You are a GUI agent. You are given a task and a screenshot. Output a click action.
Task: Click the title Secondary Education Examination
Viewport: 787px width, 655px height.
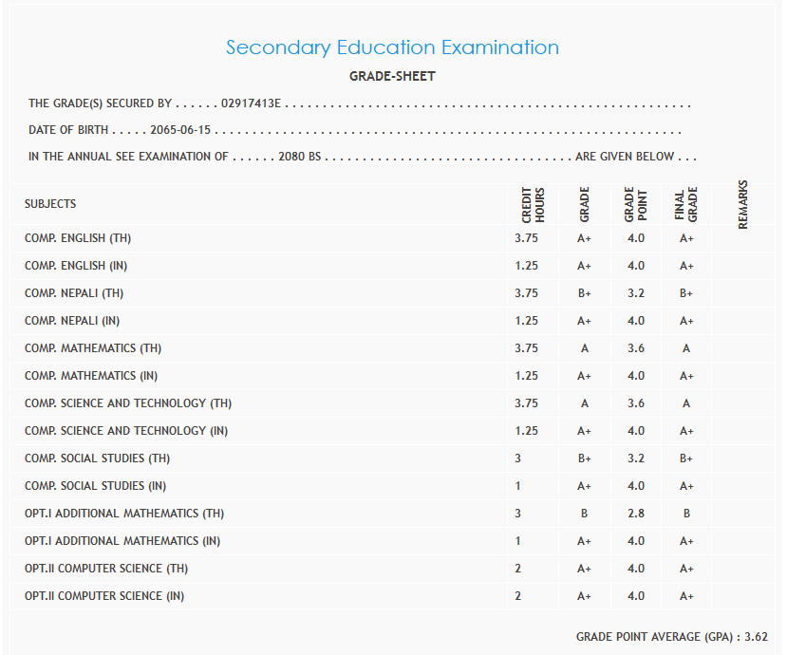[392, 47]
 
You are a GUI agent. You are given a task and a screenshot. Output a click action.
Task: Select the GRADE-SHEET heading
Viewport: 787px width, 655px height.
[392, 77]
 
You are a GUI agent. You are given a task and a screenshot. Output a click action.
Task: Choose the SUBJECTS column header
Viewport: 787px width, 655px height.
[50, 204]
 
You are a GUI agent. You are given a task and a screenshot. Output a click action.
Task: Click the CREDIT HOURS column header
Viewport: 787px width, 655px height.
[533, 204]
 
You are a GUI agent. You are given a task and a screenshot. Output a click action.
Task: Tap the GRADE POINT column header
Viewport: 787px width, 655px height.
[635, 204]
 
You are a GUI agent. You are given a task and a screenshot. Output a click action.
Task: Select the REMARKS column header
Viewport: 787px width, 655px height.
[743, 204]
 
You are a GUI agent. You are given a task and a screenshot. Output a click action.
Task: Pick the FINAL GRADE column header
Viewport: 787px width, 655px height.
[686, 204]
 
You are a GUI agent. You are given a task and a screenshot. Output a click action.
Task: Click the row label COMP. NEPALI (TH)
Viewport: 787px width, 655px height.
[74, 293]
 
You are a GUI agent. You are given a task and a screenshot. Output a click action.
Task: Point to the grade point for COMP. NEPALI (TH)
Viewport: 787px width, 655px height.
[636, 293]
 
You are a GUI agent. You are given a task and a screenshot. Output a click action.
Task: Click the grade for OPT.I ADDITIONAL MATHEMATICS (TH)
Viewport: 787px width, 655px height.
[584, 514]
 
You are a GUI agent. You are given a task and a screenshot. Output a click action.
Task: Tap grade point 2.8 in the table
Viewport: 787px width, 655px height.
[636, 514]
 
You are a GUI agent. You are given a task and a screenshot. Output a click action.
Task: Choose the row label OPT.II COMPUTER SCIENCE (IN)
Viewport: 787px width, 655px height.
[104, 596]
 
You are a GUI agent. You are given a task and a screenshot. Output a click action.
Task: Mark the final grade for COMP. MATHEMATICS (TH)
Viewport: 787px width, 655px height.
[686, 348]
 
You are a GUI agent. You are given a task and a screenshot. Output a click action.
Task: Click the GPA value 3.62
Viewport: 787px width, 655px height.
[757, 636]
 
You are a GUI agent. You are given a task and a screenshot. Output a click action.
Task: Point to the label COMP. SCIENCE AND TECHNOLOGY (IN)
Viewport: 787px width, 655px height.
[126, 431]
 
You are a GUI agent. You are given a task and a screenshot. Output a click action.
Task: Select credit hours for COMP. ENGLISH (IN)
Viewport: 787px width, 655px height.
[526, 266]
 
